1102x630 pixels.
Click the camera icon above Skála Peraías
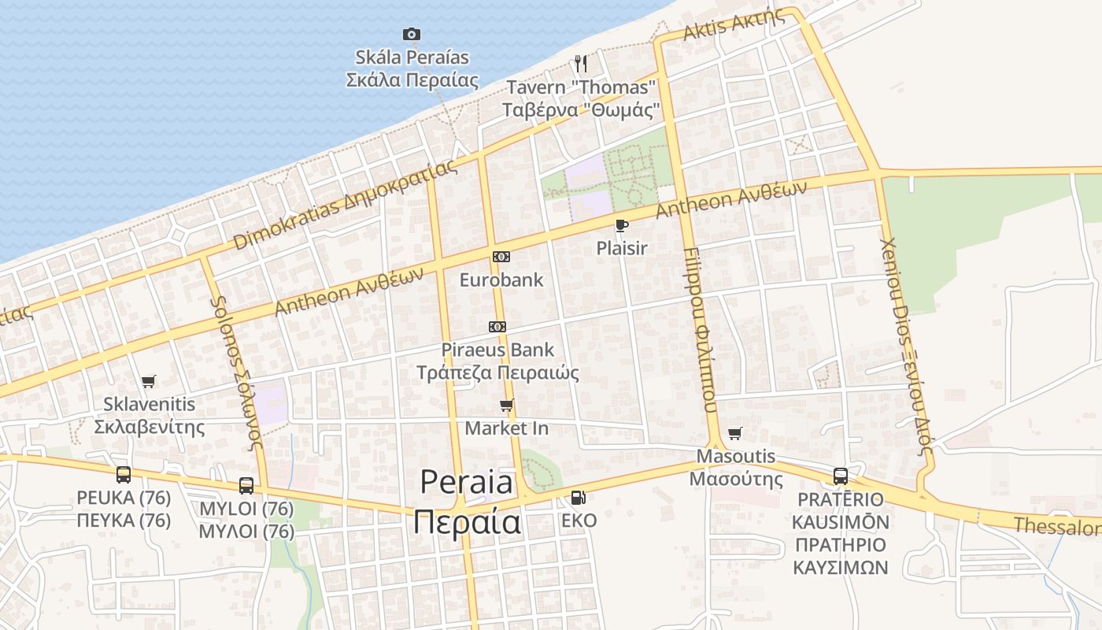(x=411, y=34)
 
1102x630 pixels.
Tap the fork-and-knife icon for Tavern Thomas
(x=581, y=63)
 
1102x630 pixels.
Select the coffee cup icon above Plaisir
(x=621, y=226)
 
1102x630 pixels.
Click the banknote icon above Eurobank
(x=501, y=257)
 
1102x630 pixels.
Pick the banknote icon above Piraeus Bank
(x=497, y=326)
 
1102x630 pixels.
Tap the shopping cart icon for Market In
(x=507, y=406)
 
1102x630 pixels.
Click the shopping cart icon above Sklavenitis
(x=149, y=381)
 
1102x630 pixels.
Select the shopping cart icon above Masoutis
(x=735, y=433)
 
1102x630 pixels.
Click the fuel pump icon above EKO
(x=579, y=497)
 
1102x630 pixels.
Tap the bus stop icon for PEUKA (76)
(x=124, y=474)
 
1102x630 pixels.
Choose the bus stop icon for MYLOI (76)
(x=246, y=485)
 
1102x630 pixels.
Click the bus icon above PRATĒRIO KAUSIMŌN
(x=841, y=476)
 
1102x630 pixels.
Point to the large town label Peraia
(x=466, y=482)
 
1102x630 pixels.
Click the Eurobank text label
(x=501, y=280)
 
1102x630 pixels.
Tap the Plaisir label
(x=622, y=248)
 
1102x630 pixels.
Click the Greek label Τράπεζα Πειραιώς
(x=497, y=372)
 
